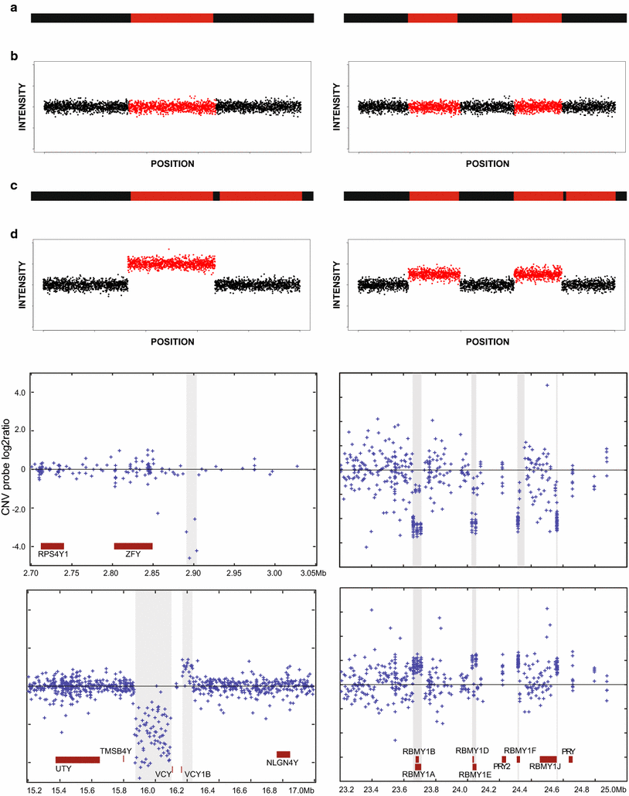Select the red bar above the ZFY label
(133, 546)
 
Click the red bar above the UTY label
(77, 760)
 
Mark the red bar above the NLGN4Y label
(283, 754)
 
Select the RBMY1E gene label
(474, 774)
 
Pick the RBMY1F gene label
(520, 750)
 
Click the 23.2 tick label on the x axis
(346, 790)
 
